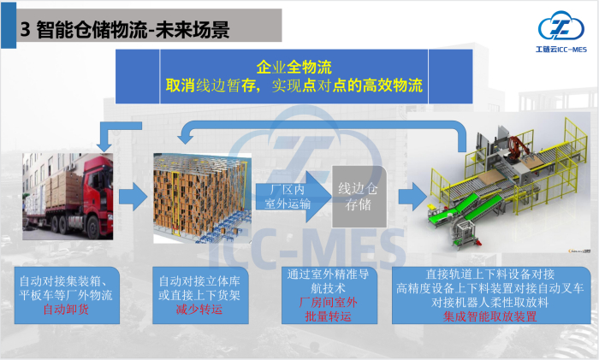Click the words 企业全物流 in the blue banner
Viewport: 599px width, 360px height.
coord(294,66)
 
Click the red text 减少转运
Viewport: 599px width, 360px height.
coord(199,310)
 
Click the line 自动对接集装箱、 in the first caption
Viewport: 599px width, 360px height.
coord(68,280)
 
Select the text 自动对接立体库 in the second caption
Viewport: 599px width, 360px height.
coord(199,280)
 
